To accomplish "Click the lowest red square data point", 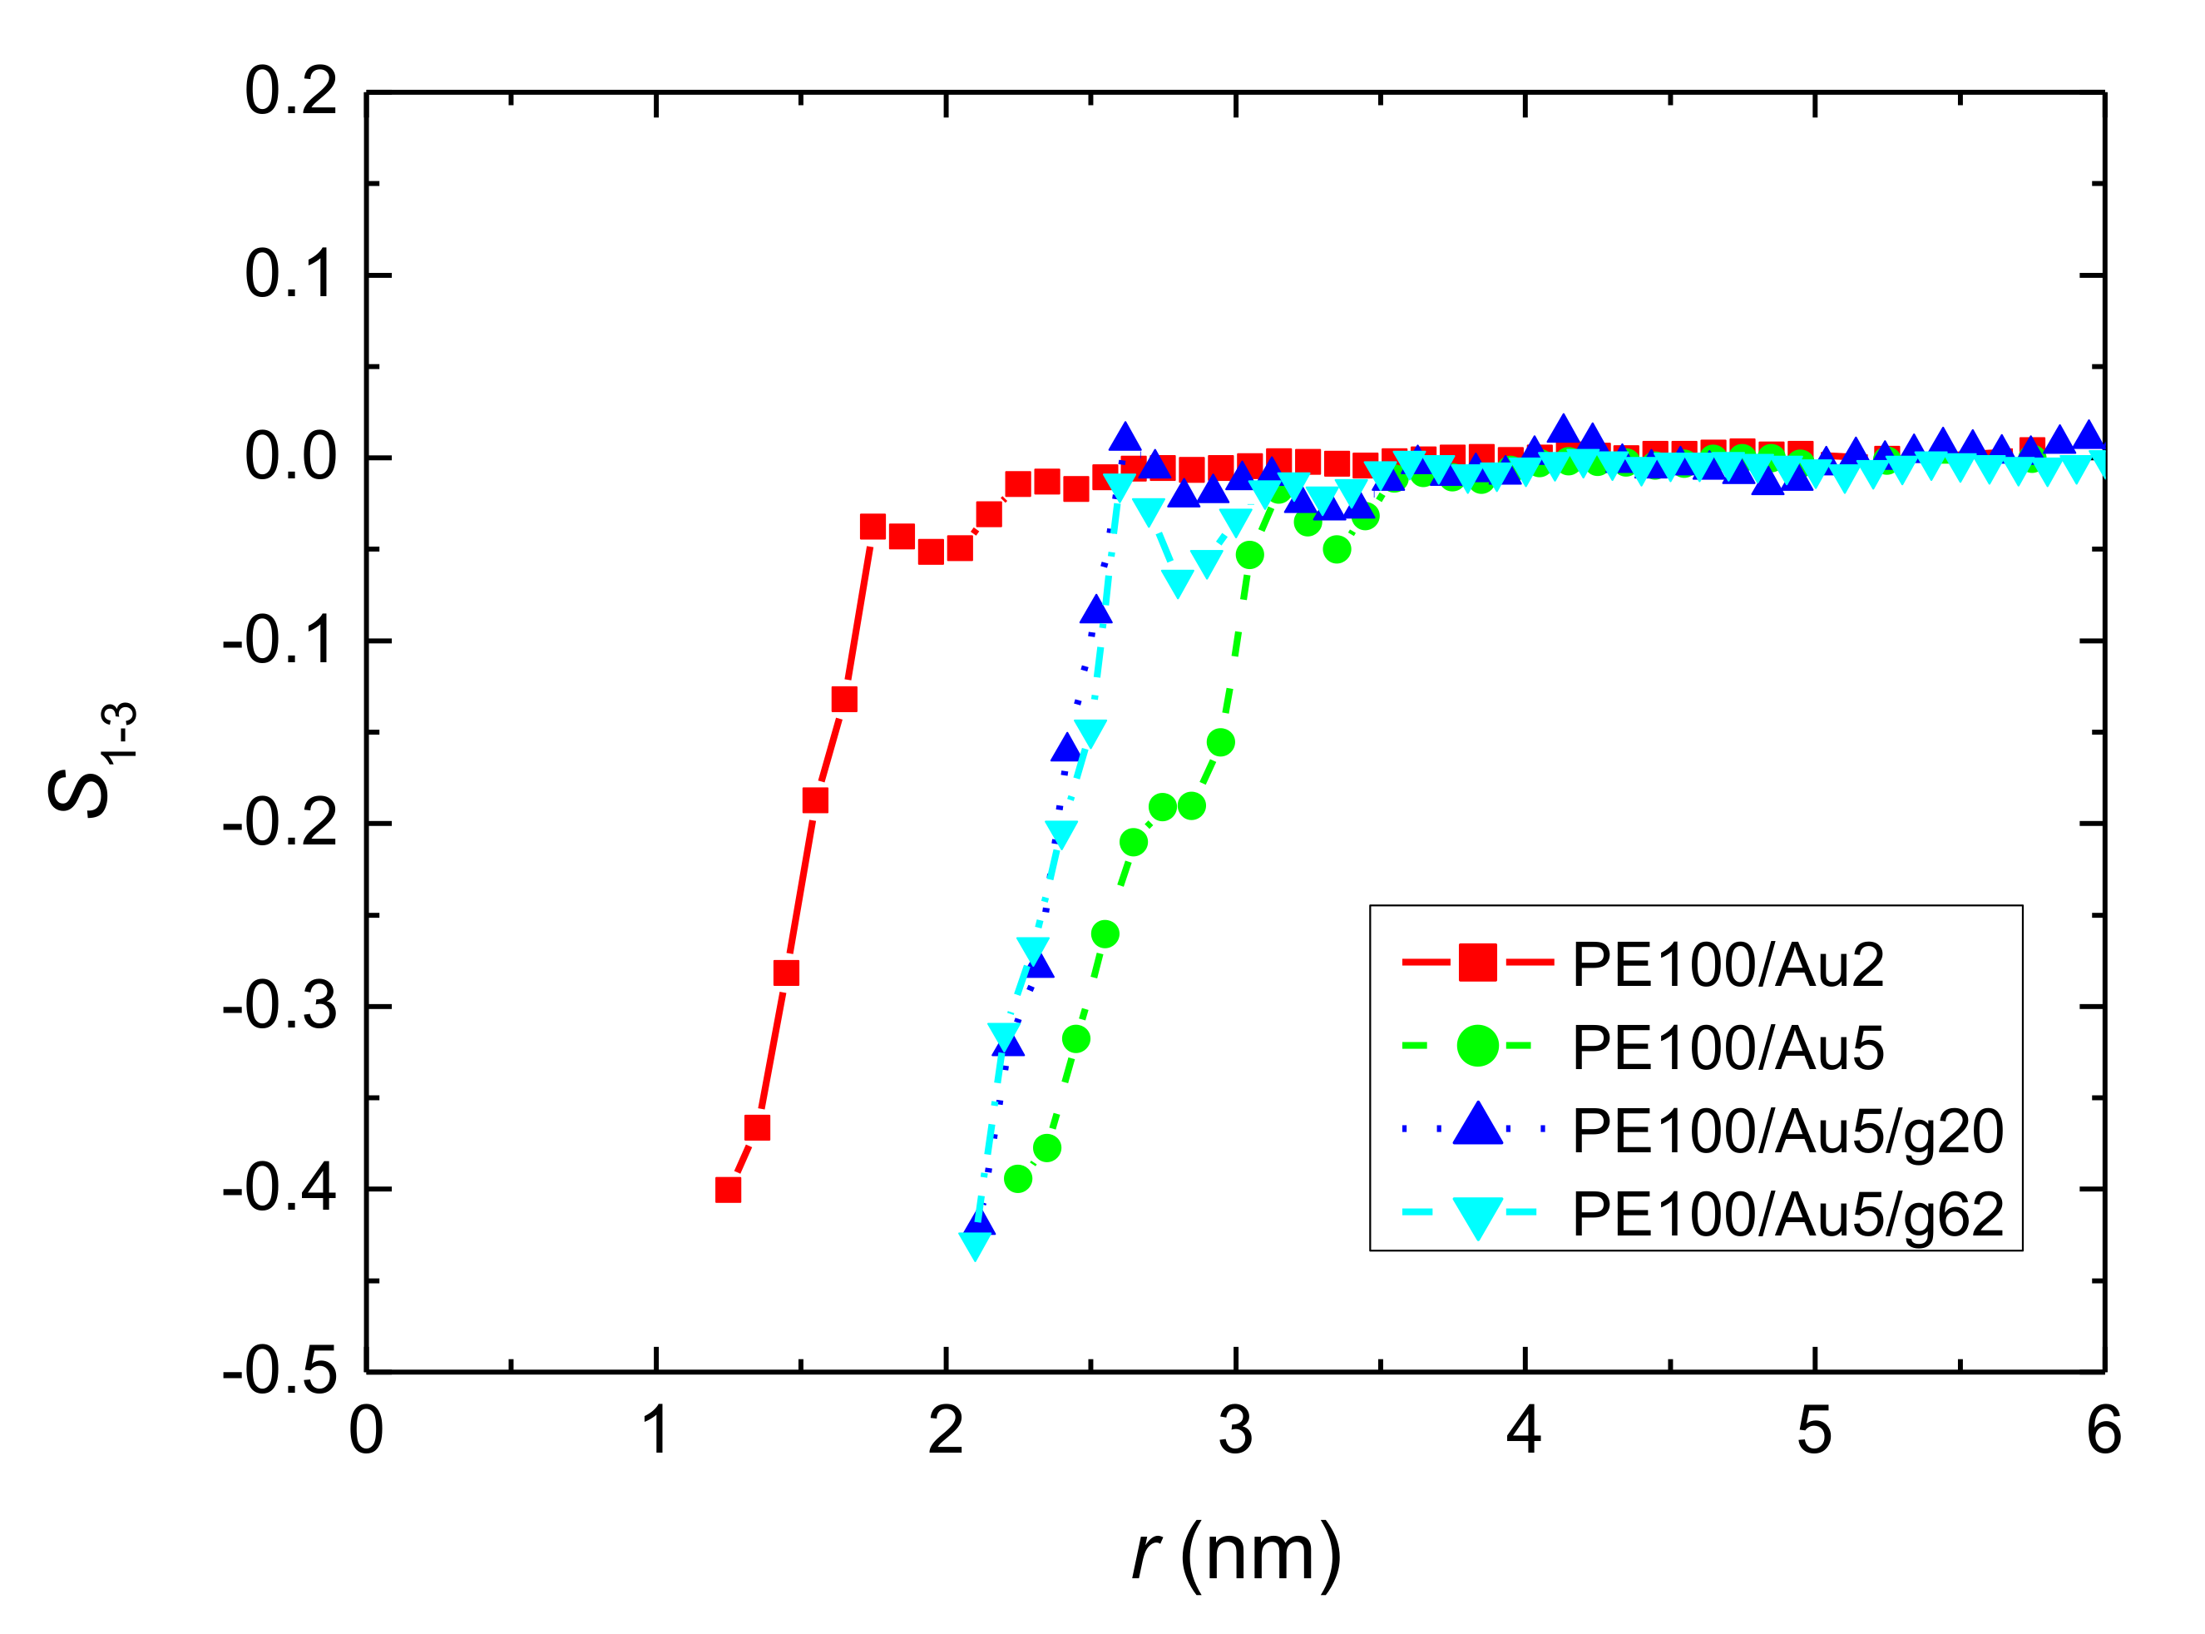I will pos(728,1190).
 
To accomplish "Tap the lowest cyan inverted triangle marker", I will pos(976,1245).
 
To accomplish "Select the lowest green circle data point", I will pos(1017,1178).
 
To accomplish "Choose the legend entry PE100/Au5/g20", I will pos(1787,1131).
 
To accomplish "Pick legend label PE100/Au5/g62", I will pos(1787,1215).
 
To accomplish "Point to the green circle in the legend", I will pos(1477,1046).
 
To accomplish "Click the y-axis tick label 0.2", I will pos(291,93).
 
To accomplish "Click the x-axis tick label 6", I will pos(2104,1431).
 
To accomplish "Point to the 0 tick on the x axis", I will pos(366,1431).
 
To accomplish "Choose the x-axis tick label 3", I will pos(1235,1431).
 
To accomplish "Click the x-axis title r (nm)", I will pos(1236,1554).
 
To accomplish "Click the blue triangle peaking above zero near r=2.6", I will pos(1125,437).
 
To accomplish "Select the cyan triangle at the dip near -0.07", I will pos(1177,582).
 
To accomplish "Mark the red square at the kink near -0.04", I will pos(873,526).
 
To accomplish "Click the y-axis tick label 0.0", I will pos(291,458).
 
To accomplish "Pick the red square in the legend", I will pos(1477,963).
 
